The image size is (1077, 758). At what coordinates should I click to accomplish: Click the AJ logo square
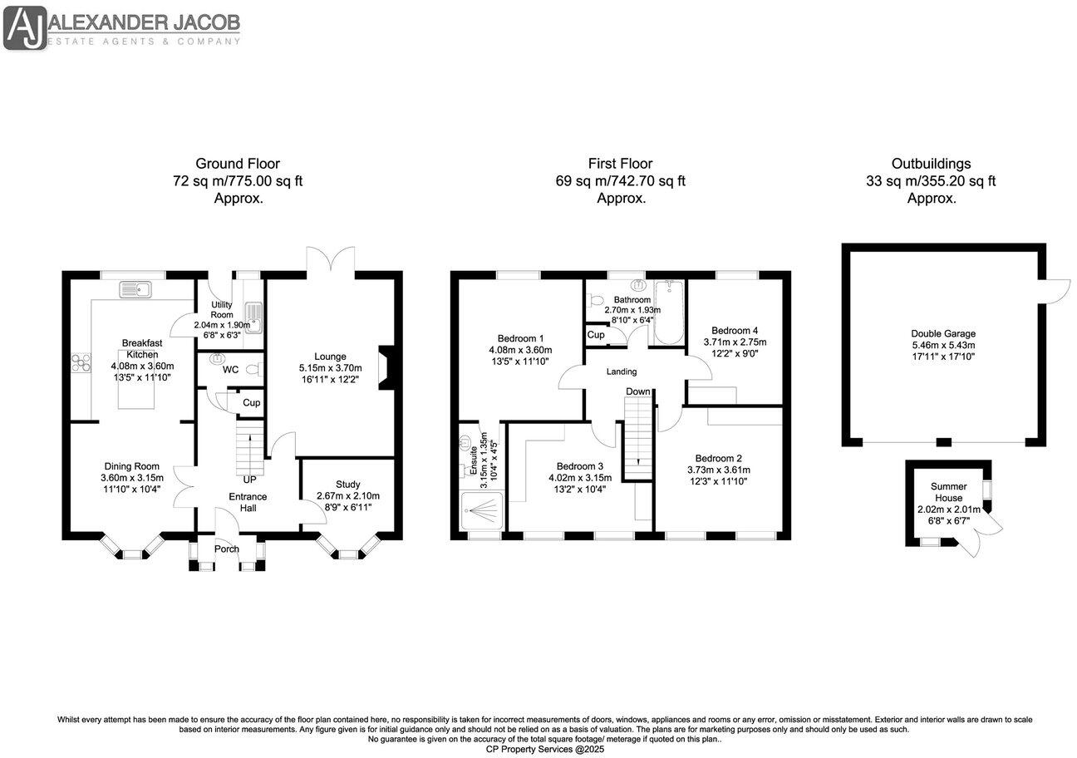[25, 28]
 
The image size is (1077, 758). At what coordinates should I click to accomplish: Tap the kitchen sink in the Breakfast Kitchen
[135, 289]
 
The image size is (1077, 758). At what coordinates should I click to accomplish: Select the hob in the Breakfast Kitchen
[81, 362]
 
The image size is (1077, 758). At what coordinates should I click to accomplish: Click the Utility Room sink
[253, 317]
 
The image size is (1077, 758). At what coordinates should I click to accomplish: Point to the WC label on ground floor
[230, 370]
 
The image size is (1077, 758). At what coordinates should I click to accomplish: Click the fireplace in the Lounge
[387, 367]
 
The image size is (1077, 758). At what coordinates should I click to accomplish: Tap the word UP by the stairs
[249, 480]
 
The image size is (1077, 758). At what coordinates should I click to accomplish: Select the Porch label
[227, 549]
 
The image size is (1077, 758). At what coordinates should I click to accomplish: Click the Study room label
[347, 485]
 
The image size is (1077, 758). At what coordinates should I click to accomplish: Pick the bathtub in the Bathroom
[669, 313]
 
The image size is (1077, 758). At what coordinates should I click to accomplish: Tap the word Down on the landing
[638, 391]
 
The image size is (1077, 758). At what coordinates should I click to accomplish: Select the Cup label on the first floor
[596, 334]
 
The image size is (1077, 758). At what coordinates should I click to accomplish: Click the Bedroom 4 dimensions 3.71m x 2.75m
[735, 342]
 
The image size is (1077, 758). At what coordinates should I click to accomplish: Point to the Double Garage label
[943, 333]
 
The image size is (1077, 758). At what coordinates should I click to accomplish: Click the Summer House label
[949, 492]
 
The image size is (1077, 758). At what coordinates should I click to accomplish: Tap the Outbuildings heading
[932, 164]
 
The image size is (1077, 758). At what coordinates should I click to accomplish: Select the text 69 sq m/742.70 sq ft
[620, 181]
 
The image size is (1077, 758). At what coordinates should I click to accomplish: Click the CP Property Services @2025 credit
[545, 749]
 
